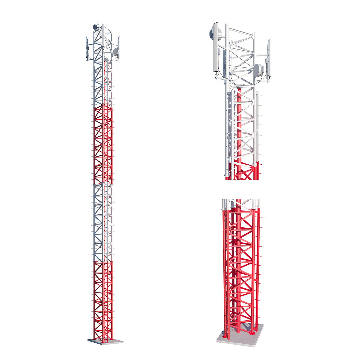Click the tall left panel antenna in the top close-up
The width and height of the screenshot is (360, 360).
tap(216, 48)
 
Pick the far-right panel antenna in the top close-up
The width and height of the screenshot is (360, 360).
tap(269, 58)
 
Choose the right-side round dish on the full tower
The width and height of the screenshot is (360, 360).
tap(115, 52)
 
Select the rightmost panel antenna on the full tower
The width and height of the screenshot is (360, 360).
tap(118, 48)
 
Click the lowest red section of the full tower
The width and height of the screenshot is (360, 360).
tap(103, 300)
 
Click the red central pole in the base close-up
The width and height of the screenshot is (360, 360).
tap(238, 267)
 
